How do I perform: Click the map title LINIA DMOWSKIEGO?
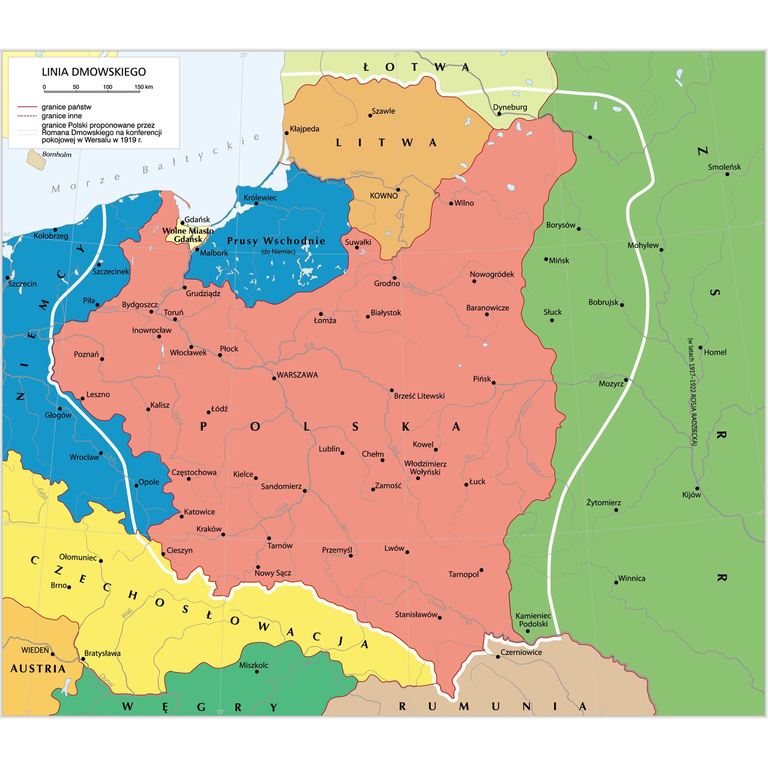click(94, 72)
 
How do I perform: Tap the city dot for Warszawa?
click(274, 378)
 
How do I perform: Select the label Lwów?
click(394, 548)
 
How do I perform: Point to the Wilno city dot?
click(451, 203)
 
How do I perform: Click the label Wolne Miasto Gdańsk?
click(188, 235)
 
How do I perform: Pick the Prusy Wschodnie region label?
click(276, 241)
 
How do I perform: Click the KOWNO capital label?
click(384, 196)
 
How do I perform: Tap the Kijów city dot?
click(697, 488)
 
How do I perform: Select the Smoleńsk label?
click(724, 167)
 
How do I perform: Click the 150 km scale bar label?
click(144, 87)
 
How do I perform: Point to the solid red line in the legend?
click(27, 107)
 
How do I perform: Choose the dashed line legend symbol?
click(27, 116)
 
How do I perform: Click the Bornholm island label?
click(56, 154)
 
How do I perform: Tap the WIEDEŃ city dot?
click(53, 654)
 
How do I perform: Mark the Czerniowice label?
click(521, 652)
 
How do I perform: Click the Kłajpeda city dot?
click(286, 133)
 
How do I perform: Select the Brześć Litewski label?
click(419, 396)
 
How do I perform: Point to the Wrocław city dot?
click(101, 453)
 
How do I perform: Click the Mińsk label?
click(559, 260)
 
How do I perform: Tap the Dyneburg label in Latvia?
click(510, 107)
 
